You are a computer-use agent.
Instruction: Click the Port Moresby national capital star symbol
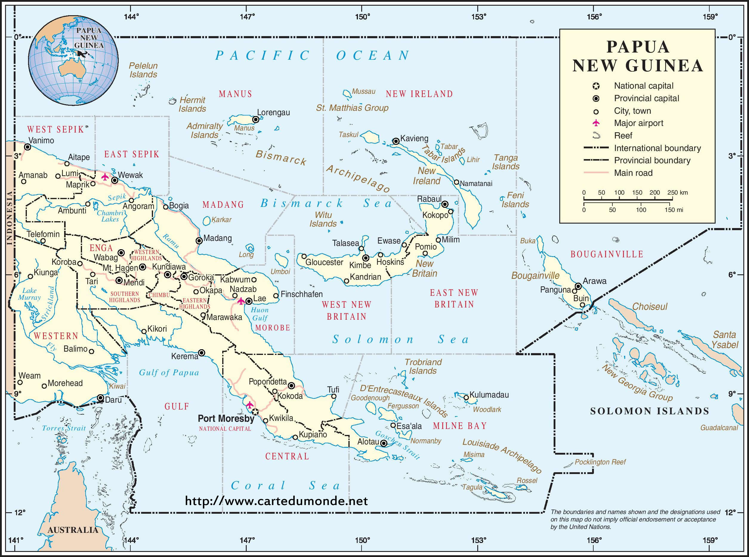[x=255, y=412]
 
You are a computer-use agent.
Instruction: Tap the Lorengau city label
[x=273, y=113]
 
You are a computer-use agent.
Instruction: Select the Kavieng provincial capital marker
[x=396, y=141]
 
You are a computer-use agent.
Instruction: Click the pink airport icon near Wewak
[x=105, y=177]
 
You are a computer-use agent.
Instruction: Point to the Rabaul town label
[x=429, y=199]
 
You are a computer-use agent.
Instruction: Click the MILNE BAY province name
[x=460, y=426]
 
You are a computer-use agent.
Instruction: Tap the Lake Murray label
[x=29, y=294]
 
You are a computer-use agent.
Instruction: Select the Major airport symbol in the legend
[x=596, y=123]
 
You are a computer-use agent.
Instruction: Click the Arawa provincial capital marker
[x=578, y=286]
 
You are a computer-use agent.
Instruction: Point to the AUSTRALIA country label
[x=72, y=530]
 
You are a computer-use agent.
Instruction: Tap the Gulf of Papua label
[x=169, y=373]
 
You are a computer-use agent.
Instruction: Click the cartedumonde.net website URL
[x=276, y=501]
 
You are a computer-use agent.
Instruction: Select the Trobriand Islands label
[x=423, y=367]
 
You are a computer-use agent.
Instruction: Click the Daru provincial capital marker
[x=101, y=398]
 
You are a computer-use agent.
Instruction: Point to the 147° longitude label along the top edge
[x=247, y=17]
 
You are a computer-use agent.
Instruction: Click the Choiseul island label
[x=650, y=307]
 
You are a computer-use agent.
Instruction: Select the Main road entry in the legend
[x=633, y=173]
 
